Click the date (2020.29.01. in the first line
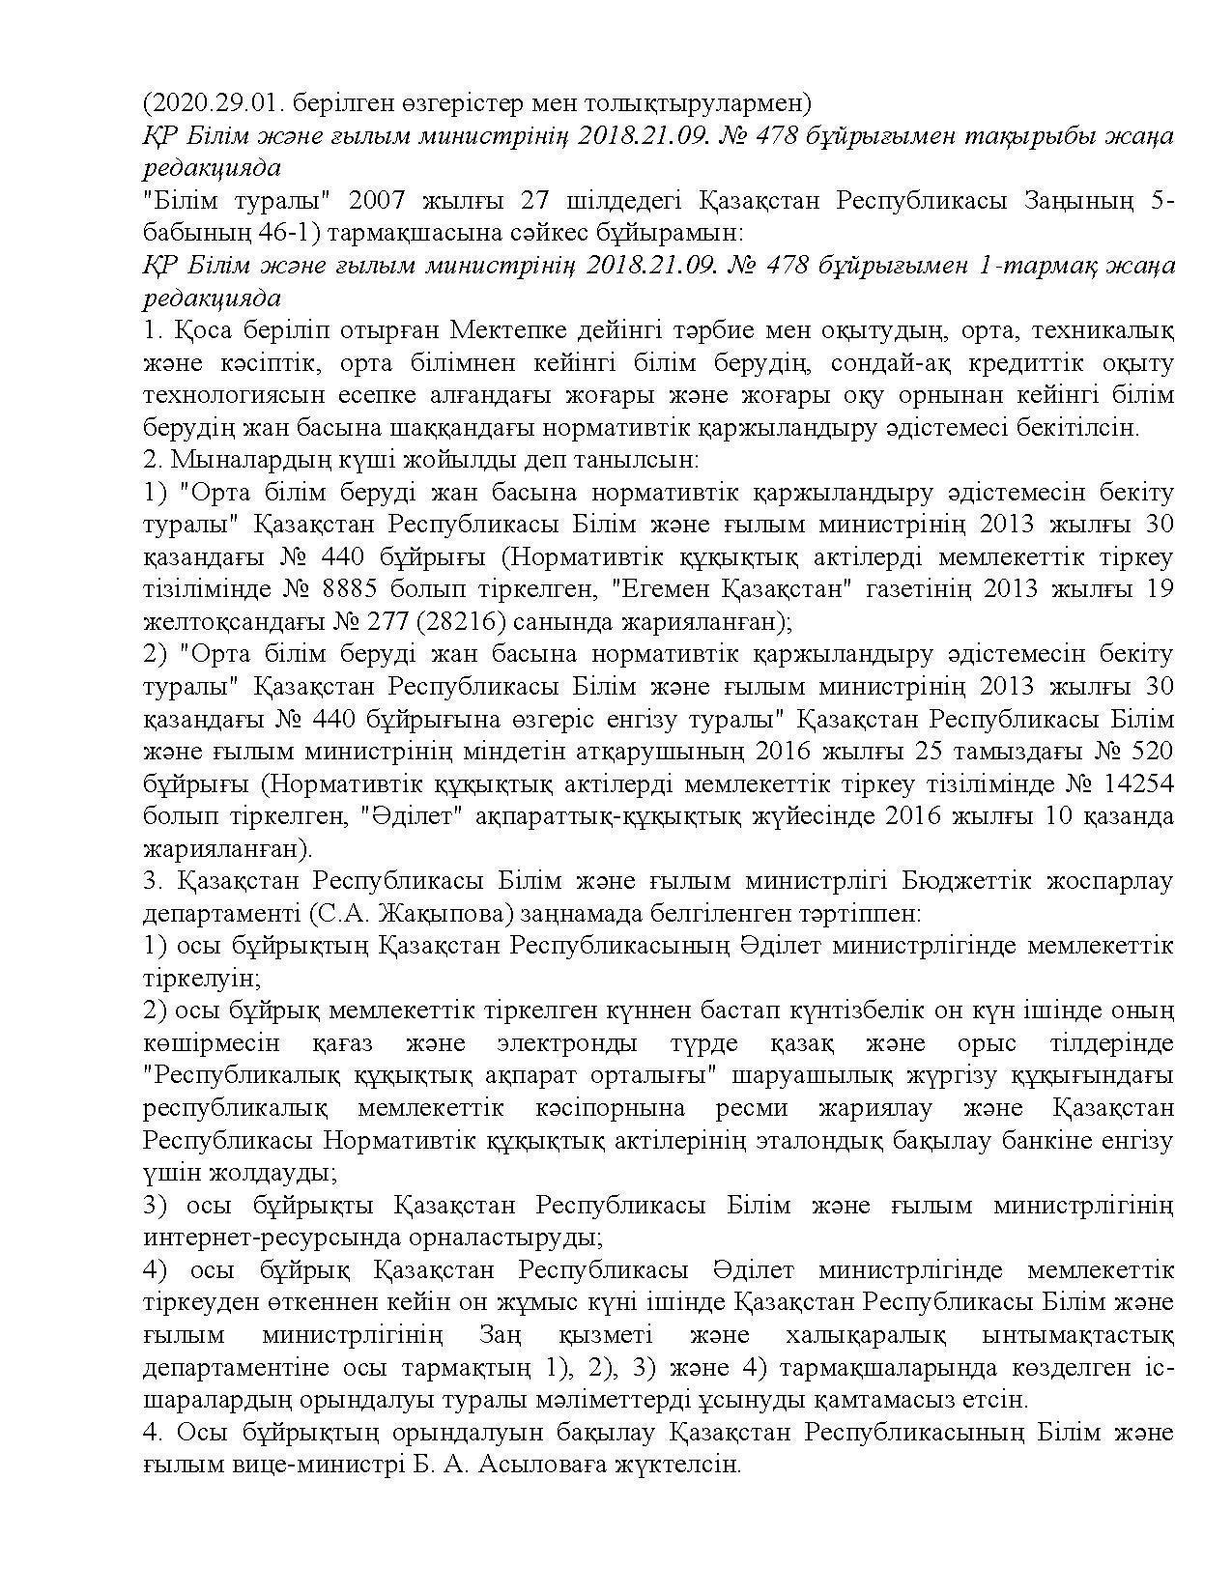point(201,103)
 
